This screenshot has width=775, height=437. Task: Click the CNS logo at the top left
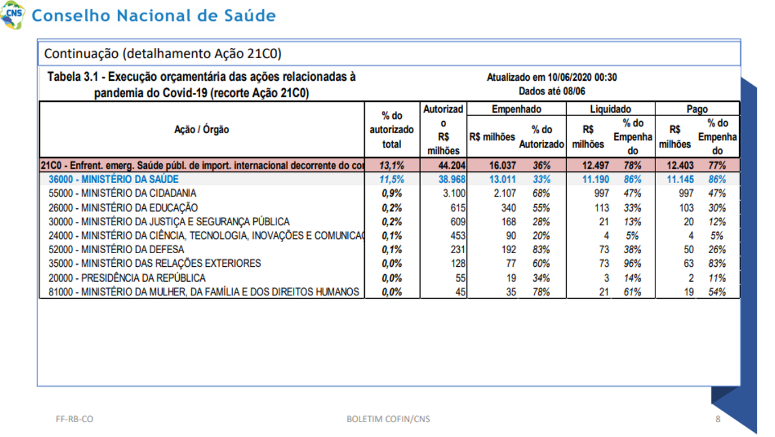coord(13,15)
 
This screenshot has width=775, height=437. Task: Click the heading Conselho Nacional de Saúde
coord(154,15)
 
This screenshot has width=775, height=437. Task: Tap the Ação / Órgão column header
coord(201,129)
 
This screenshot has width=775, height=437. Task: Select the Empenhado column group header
coord(516,109)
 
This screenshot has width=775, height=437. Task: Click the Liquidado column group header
coord(611,109)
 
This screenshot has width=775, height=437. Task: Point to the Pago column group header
coord(697,109)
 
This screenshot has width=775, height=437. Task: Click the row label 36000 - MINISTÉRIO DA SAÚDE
coord(113,179)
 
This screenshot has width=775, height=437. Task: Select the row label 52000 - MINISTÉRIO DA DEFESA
coord(116,249)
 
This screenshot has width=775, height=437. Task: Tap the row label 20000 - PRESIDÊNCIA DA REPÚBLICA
coord(127,278)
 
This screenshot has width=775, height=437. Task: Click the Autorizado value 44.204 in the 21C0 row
coord(452,166)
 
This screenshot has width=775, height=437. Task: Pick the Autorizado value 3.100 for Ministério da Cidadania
coord(454,193)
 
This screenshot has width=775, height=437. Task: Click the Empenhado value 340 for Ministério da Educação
coord(509,208)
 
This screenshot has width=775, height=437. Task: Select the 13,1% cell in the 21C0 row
coord(391,166)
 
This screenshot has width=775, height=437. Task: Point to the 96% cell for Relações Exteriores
coord(632,263)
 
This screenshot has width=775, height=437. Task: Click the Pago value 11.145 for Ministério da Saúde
coord(680,179)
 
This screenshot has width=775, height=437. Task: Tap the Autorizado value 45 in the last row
coord(460,292)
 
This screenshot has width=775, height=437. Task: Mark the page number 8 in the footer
coord(718,419)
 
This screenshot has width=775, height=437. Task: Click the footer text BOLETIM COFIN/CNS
coord(388,419)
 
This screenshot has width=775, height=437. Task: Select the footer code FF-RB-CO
coord(75,419)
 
